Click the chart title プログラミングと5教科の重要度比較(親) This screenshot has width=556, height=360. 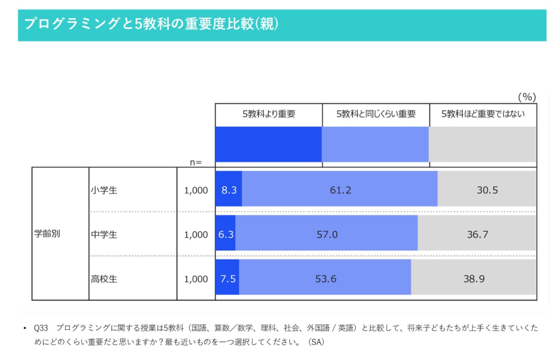pyautogui.click(x=151, y=24)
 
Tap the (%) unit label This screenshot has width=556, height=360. pyautogui.click(x=527, y=97)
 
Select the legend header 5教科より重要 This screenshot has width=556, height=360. pyautogui.click(x=269, y=114)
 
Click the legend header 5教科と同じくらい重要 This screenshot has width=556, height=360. pyautogui.click(x=376, y=114)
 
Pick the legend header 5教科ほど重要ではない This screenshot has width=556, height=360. pyautogui.click(x=483, y=114)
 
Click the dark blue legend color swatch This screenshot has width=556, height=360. pyautogui.click(x=268, y=144)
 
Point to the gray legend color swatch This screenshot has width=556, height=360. pyautogui.click(x=483, y=144)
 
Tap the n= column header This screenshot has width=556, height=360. pyautogui.click(x=195, y=163)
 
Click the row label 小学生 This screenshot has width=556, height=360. pyautogui.click(x=104, y=190)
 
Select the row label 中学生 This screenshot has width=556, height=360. pyautogui.click(x=104, y=235)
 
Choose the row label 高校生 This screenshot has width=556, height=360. pyautogui.click(x=104, y=279)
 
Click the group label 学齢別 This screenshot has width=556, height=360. pyautogui.click(x=47, y=234)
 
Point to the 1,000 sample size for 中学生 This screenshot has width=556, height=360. pyautogui.click(x=196, y=235)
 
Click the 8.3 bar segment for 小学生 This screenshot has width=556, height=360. pyautogui.click(x=229, y=190)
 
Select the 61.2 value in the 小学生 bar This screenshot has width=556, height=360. pyautogui.click(x=340, y=190)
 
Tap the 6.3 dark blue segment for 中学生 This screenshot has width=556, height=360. pyautogui.click(x=226, y=234)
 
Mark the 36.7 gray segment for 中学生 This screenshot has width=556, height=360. pyautogui.click(x=477, y=234)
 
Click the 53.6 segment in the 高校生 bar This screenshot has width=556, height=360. pyautogui.click(x=325, y=279)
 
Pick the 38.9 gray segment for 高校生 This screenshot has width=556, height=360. pyautogui.click(x=474, y=279)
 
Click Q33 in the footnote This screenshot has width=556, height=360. pyautogui.click(x=41, y=328)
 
